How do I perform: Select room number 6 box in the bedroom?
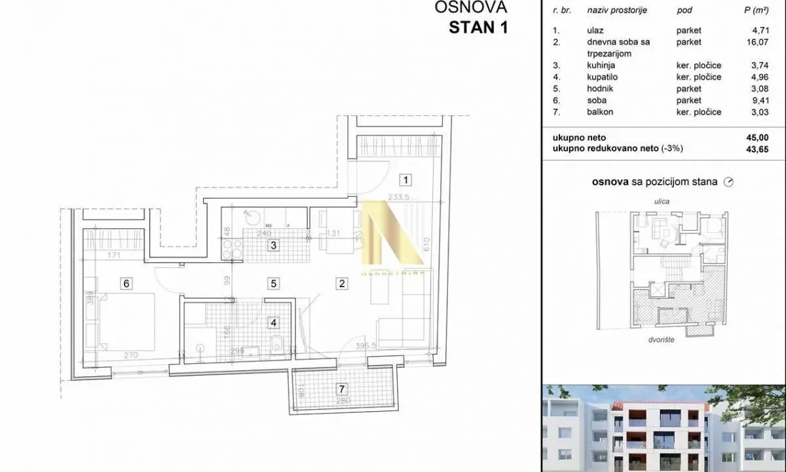coord(126,283)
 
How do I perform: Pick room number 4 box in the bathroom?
coord(274,322)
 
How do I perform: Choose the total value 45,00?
coord(758,138)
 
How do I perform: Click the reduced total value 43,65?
coord(758,149)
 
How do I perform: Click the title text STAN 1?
coord(478,28)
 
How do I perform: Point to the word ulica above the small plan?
coord(662,201)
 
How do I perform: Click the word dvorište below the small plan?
coord(662,340)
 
